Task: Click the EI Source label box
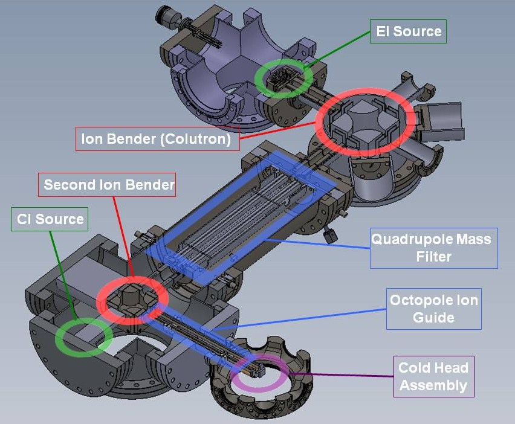coord(408,31)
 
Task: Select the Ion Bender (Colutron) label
coord(157,139)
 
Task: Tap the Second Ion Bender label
coord(107,185)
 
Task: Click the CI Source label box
coord(50,219)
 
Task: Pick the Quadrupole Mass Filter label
coord(433,248)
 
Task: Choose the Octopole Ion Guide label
coord(433,309)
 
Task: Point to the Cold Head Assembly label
coord(433,376)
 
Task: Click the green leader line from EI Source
coord(342,50)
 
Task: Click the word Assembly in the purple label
coord(433,384)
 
